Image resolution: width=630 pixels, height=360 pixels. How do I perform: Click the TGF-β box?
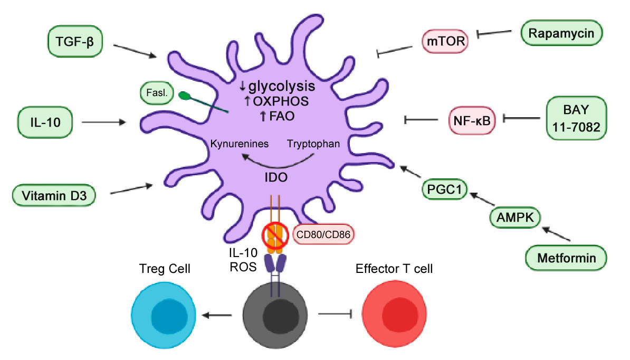(74, 42)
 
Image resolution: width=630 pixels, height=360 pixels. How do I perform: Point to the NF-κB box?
(472, 120)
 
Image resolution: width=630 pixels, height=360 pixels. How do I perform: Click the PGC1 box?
(445, 189)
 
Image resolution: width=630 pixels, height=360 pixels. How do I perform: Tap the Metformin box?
(566, 258)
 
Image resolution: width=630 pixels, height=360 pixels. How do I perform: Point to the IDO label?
(276, 178)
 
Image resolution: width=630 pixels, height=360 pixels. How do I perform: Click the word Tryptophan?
(313, 143)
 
